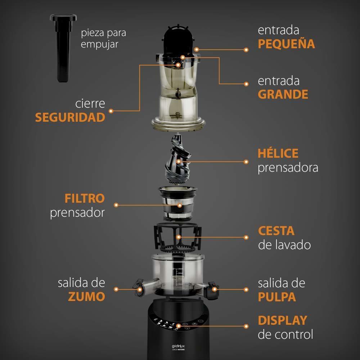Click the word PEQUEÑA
click(286, 44)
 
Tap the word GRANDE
click(283, 94)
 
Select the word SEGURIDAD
click(70, 117)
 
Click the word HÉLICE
click(278, 153)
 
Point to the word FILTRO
click(85, 199)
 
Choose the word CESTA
click(276, 231)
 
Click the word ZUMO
click(86, 296)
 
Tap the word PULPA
click(277, 297)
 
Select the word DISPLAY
click(283, 320)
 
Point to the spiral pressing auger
click(178, 159)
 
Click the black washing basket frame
click(178, 237)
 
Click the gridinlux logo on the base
click(178, 346)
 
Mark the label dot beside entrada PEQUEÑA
click(246, 50)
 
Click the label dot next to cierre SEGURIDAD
click(111, 111)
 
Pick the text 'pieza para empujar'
click(103, 38)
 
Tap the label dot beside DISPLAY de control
click(246, 326)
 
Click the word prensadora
click(288, 168)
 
